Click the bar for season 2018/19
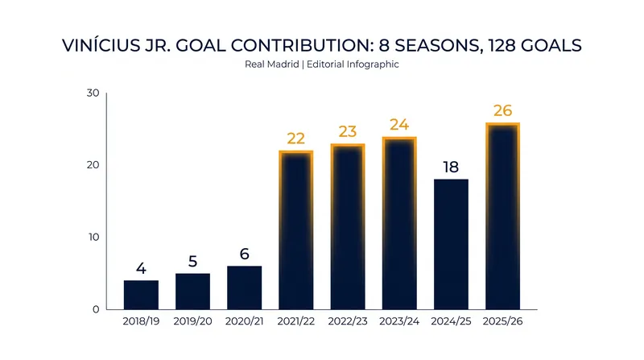pyautogui.click(x=141, y=295)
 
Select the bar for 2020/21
pyautogui.click(x=245, y=288)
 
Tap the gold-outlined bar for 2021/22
pyautogui.click(x=296, y=230)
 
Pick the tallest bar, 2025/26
pyautogui.click(x=502, y=216)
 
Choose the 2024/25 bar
pyautogui.click(x=451, y=244)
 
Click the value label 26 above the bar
pyautogui.click(x=502, y=110)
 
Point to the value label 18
pyautogui.click(x=451, y=168)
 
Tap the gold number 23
pyautogui.click(x=348, y=131)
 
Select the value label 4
pyautogui.click(x=141, y=269)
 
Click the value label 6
pyautogui.click(x=245, y=254)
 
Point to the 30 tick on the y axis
pyautogui.click(x=93, y=93)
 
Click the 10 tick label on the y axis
pyautogui.click(x=94, y=237)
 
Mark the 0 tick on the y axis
pyautogui.click(x=96, y=309)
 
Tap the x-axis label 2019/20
pyautogui.click(x=192, y=321)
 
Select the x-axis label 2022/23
pyautogui.click(x=348, y=321)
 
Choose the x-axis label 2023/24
pyautogui.click(x=399, y=321)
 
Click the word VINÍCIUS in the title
pyautogui.click(x=101, y=45)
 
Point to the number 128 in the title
pyautogui.click(x=501, y=46)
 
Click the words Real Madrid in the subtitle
pyautogui.click(x=271, y=64)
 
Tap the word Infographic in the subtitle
pyautogui.click(x=373, y=65)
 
